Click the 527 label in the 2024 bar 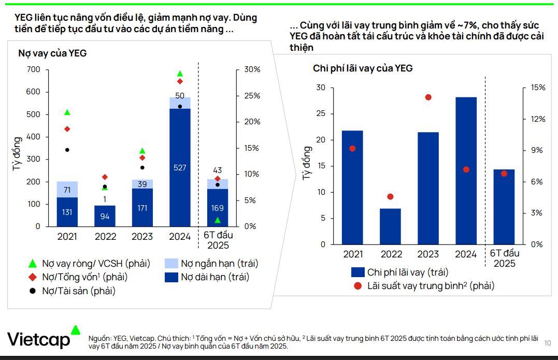pyautogui.click(x=179, y=168)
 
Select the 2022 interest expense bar pyautogui.click(x=391, y=226)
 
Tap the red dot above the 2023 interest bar pyautogui.click(x=428, y=97)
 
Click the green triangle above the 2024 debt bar pyautogui.click(x=180, y=74)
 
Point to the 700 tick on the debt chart pyautogui.click(x=33, y=70)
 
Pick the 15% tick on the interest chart pyautogui.click(x=538, y=88)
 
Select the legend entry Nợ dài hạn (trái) pyautogui.click(x=215, y=277)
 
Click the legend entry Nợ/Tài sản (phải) pyautogui.click(x=78, y=291)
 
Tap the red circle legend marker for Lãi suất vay pyautogui.click(x=357, y=285)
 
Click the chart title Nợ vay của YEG pyautogui.click(x=52, y=53)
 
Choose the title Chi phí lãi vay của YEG pyautogui.click(x=363, y=68)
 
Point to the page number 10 pyautogui.click(x=548, y=343)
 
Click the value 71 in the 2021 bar pyautogui.click(x=67, y=190)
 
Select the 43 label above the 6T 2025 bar pyautogui.click(x=217, y=170)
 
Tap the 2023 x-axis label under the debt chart pyautogui.click(x=142, y=237)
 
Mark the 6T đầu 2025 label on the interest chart pyautogui.click(x=504, y=258)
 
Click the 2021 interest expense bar pyautogui.click(x=352, y=187)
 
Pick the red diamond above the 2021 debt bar pyautogui.click(x=67, y=129)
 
